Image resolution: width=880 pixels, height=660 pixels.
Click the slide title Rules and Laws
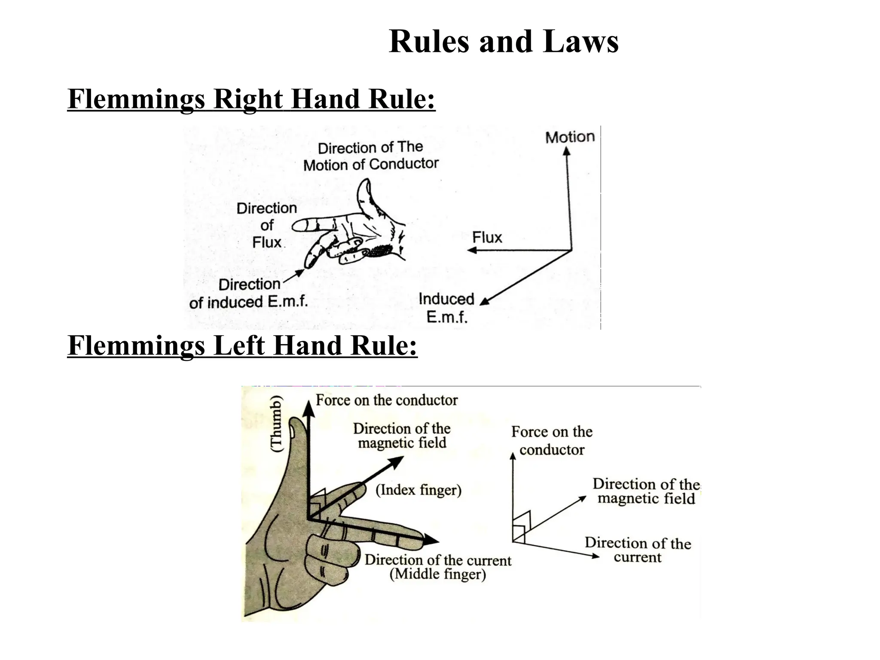503,42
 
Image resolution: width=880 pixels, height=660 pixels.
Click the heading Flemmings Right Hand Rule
251,99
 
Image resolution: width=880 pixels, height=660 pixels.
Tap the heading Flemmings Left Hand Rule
242,345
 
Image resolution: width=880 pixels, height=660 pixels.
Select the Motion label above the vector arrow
570,137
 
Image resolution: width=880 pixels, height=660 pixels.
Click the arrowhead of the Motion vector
567,151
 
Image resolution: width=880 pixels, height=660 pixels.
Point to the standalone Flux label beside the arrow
487,237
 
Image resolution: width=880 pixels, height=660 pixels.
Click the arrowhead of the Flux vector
471,250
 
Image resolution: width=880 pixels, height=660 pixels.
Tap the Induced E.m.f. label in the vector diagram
447,308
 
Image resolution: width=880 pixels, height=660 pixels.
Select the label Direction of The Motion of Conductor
370,156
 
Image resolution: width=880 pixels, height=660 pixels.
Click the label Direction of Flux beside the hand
267,225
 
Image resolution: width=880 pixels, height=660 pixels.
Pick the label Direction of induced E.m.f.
248,293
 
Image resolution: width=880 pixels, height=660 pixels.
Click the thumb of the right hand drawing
365,191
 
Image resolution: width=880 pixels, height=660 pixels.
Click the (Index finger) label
418,490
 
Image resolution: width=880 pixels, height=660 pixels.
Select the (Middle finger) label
437,574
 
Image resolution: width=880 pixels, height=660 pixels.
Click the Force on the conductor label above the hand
386,400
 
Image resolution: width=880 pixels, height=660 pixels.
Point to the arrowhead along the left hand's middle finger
431,540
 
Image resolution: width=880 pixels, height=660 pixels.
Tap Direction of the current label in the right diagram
638,550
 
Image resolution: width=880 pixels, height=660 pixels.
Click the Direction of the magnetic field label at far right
646,491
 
